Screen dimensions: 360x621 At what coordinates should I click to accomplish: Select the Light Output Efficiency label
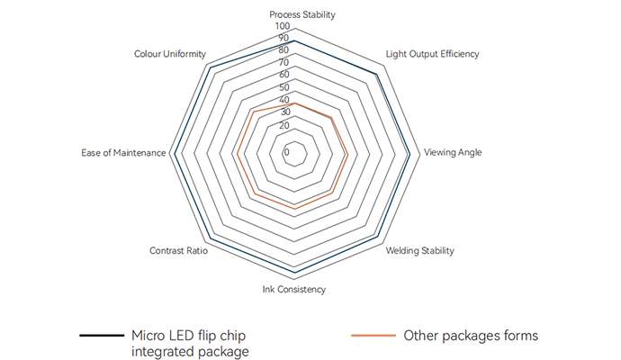tap(432, 54)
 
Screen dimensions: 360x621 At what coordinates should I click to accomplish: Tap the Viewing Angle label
tap(453, 152)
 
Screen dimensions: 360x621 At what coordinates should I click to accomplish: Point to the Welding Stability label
tap(419, 250)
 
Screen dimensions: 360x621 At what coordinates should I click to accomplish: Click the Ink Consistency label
tap(294, 290)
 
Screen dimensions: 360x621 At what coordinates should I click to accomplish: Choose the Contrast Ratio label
tap(178, 250)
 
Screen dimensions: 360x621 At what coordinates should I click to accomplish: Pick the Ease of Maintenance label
tap(123, 152)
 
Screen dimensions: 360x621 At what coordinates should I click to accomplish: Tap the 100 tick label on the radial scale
tap(283, 27)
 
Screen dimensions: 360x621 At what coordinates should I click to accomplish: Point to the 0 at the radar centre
tap(287, 152)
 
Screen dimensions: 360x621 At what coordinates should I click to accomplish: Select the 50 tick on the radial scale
tap(284, 87)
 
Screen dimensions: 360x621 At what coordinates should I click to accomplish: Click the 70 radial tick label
tap(284, 63)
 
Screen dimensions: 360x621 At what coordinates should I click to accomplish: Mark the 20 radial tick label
tap(284, 124)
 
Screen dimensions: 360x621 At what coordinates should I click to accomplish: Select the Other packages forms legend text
tap(471, 336)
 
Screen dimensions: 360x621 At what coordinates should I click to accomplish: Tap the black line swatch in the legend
tap(101, 336)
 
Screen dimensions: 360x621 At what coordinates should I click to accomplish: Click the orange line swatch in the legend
tap(372, 336)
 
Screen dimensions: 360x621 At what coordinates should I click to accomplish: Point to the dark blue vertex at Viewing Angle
tap(409, 153)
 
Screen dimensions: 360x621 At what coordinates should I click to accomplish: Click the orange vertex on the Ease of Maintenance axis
tap(236, 153)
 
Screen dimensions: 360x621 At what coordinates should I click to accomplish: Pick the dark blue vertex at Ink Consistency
tap(294, 269)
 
